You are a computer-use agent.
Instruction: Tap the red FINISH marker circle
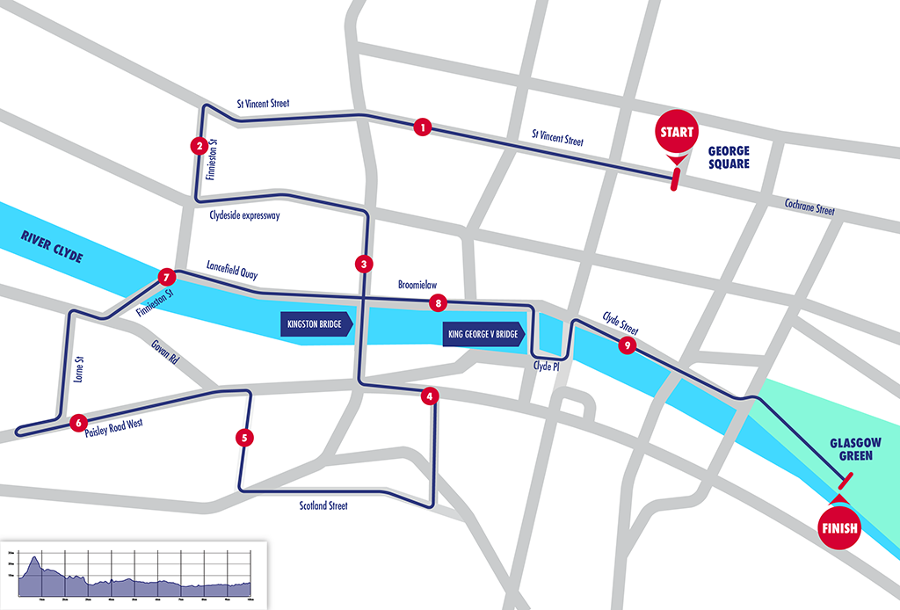[838, 528]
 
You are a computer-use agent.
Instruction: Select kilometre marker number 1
[424, 128]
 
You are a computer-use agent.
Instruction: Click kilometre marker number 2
[200, 146]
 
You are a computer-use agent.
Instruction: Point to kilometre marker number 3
[362, 264]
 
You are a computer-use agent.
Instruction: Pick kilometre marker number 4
[429, 396]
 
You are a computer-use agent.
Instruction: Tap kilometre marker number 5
[243, 437]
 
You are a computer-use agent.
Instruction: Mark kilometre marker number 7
[165, 278]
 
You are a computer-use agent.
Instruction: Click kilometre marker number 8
[438, 303]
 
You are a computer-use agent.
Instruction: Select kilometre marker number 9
[626, 345]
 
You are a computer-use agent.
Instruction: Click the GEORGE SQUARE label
[729, 157]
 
